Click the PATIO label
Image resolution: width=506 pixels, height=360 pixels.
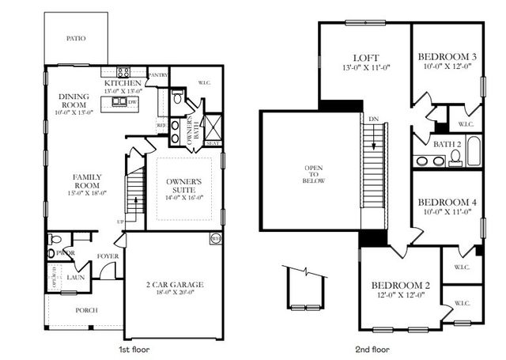77,38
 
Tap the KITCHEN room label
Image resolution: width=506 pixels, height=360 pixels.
123,83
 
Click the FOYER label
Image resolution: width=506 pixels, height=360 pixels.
108,256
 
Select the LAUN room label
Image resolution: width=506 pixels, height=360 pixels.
77,278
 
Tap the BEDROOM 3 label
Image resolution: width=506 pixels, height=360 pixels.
447,56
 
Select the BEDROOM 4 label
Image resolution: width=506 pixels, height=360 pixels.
447,203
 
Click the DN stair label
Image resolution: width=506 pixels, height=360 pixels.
372,119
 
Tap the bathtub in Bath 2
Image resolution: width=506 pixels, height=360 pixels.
473,150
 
